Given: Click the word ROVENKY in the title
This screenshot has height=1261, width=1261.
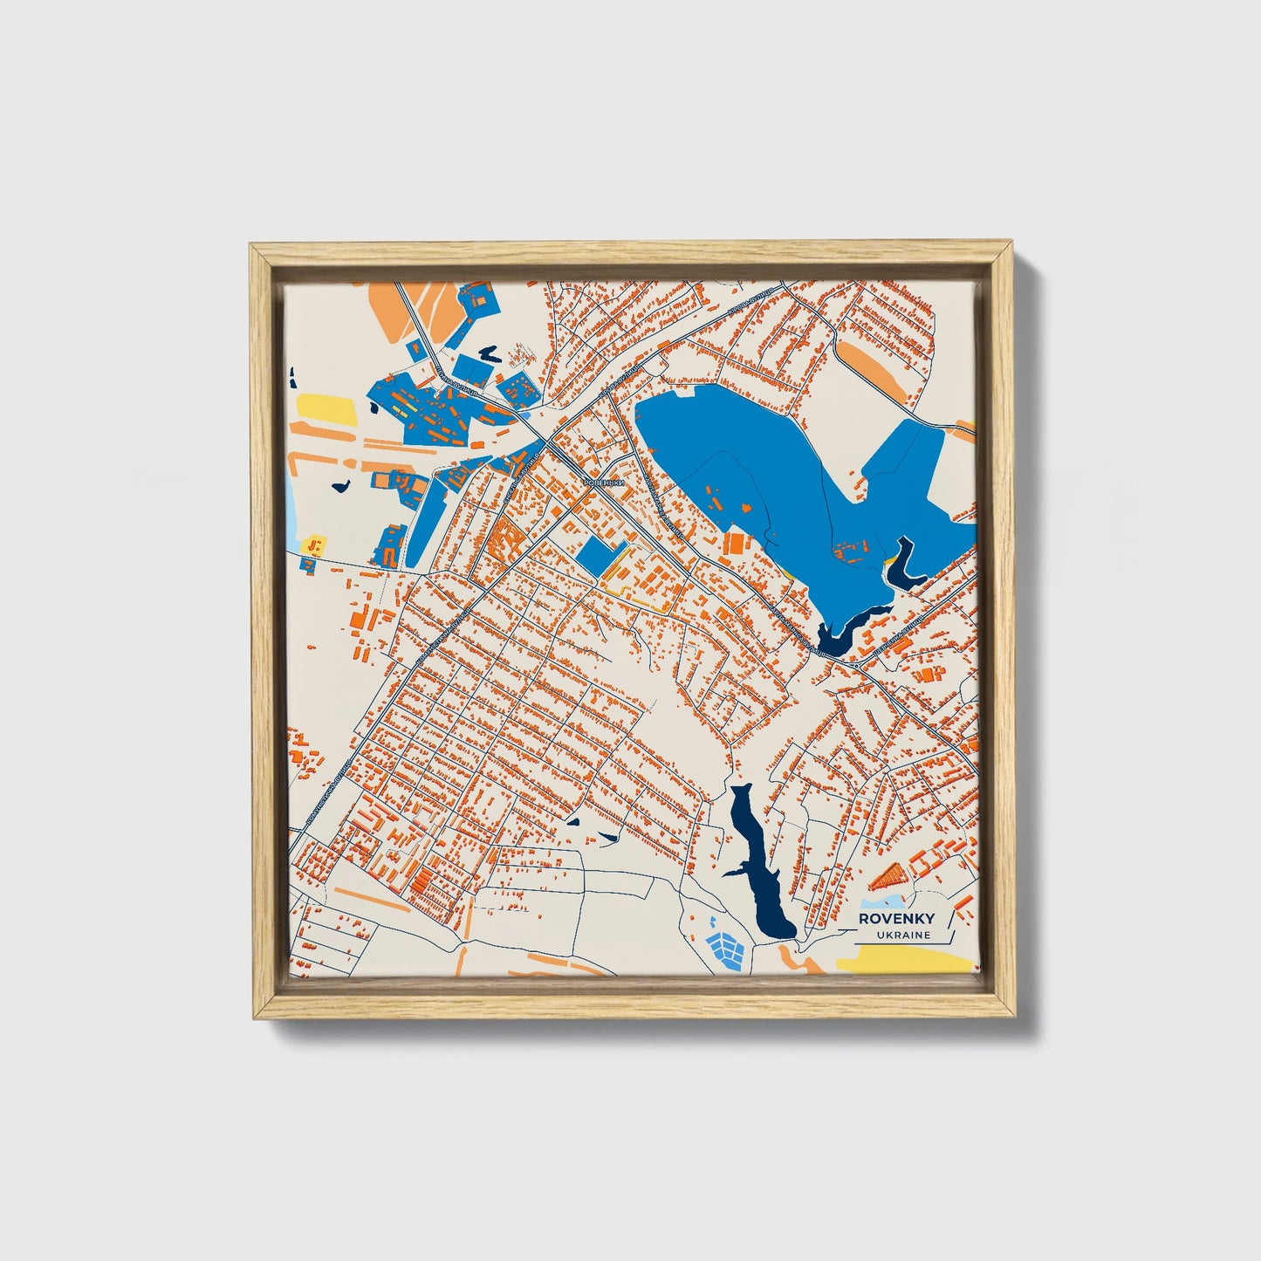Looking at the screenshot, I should (897, 919).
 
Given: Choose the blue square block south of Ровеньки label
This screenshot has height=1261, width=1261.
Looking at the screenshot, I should (599, 555).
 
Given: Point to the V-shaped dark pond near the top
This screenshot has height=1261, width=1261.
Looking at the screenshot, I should (487, 353).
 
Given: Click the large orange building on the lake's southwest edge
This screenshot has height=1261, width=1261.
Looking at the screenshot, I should (737, 544).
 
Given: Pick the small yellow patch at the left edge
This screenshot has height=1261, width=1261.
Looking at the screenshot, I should (313, 545).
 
